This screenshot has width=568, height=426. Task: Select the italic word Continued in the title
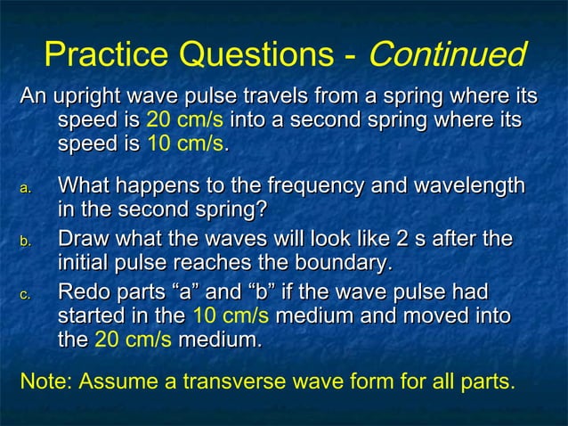tap(448, 55)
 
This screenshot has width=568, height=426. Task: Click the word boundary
tap(340, 264)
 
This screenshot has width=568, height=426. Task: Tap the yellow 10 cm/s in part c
tap(231, 316)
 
